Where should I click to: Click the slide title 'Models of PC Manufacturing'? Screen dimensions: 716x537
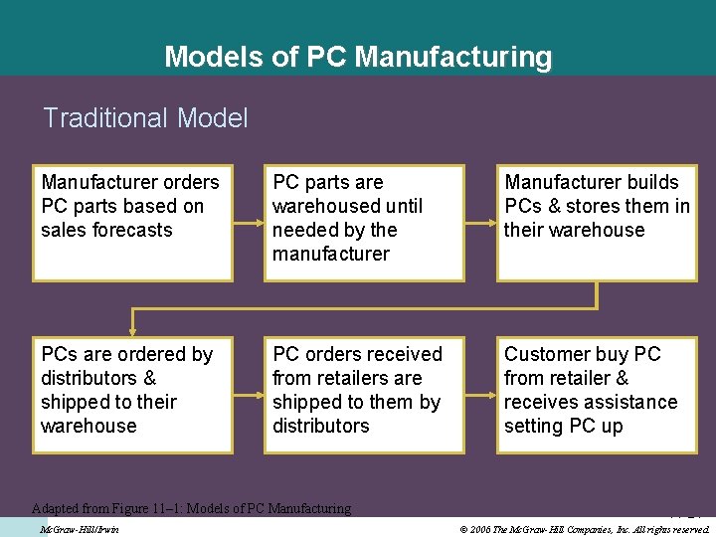[358, 57]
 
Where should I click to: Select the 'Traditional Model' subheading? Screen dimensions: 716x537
[145, 118]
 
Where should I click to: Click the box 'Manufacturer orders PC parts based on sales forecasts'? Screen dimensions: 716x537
[133, 222]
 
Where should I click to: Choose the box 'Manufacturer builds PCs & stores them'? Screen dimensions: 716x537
[597, 222]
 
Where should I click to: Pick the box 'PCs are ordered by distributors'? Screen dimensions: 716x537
[133, 395]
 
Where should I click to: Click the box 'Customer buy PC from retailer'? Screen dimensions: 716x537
[597, 395]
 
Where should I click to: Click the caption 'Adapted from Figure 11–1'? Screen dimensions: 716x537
[191, 508]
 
